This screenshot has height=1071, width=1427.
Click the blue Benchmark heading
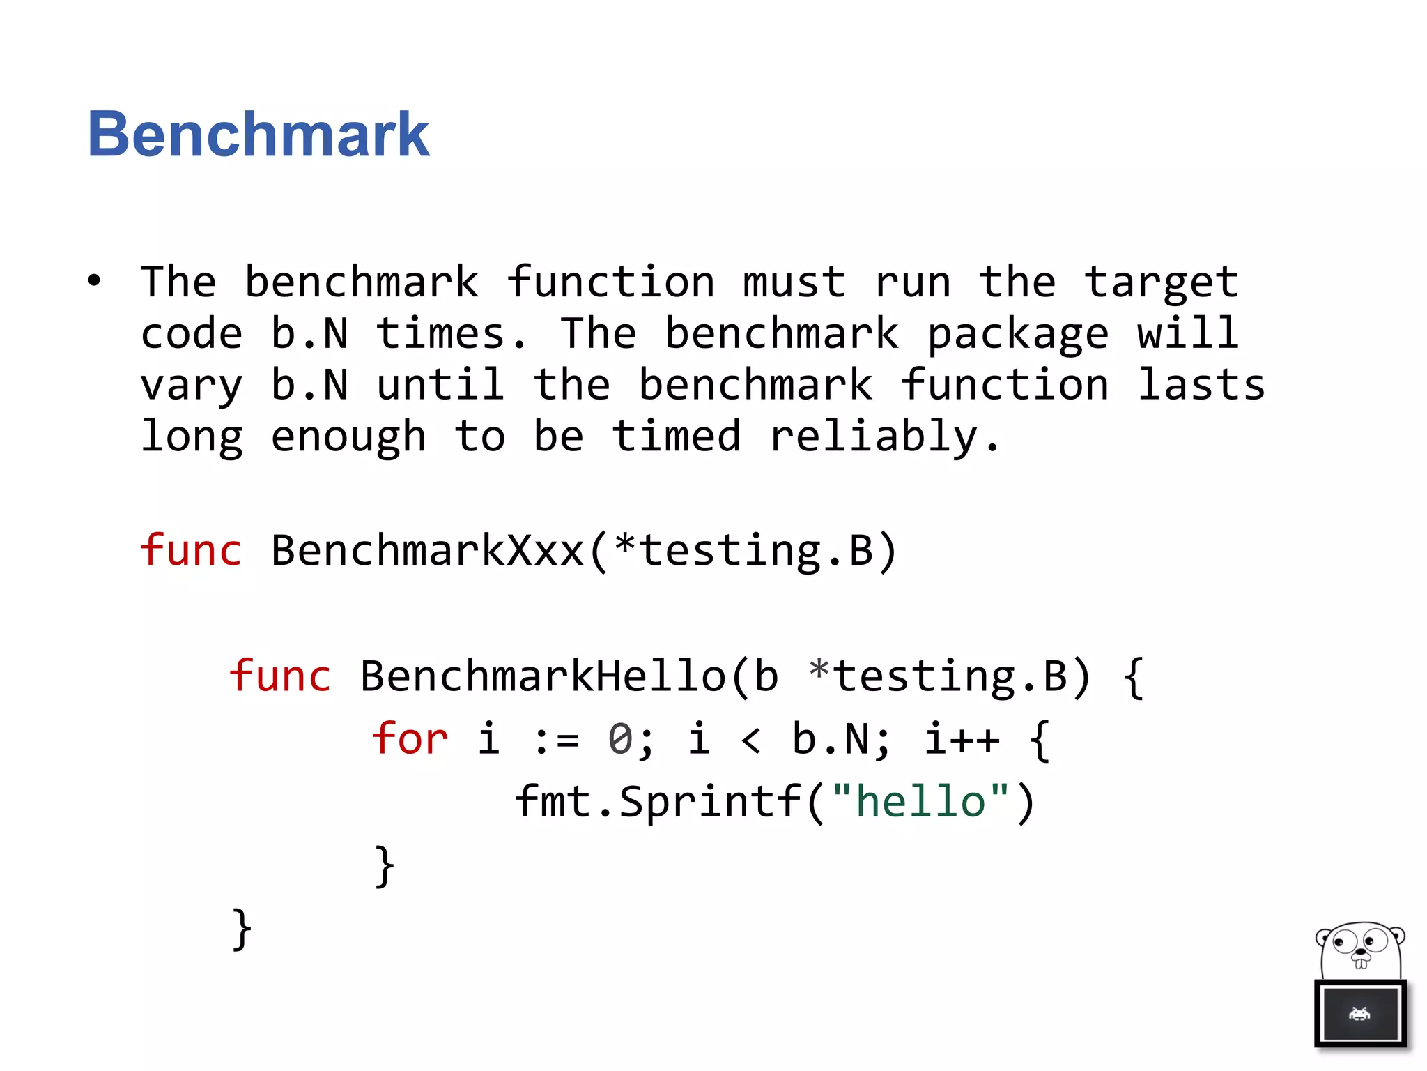(x=258, y=134)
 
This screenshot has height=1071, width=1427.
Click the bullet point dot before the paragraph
(x=94, y=281)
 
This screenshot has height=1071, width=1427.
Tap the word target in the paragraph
(x=1161, y=283)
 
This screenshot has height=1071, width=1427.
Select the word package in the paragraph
(x=1017, y=335)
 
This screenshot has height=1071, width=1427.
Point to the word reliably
(x=885, y=438)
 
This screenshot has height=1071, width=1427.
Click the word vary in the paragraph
(x=192, y=386)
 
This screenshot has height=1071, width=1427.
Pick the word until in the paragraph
(x=440, y=385)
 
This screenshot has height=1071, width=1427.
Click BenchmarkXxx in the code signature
(x=426, y=550)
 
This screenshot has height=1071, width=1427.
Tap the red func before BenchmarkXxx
(x=190, y=550)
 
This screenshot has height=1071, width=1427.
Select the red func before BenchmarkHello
(x=279, y=676)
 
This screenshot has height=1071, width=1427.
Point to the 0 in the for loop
(x=620, y=739)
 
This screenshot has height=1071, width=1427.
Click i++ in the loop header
(x=962, y=739)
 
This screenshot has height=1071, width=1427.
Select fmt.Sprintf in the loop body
(x=658, y=801)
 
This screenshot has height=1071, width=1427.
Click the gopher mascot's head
(x=1360, y=950)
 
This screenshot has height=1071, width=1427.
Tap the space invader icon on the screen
(x=1359, y=1014)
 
